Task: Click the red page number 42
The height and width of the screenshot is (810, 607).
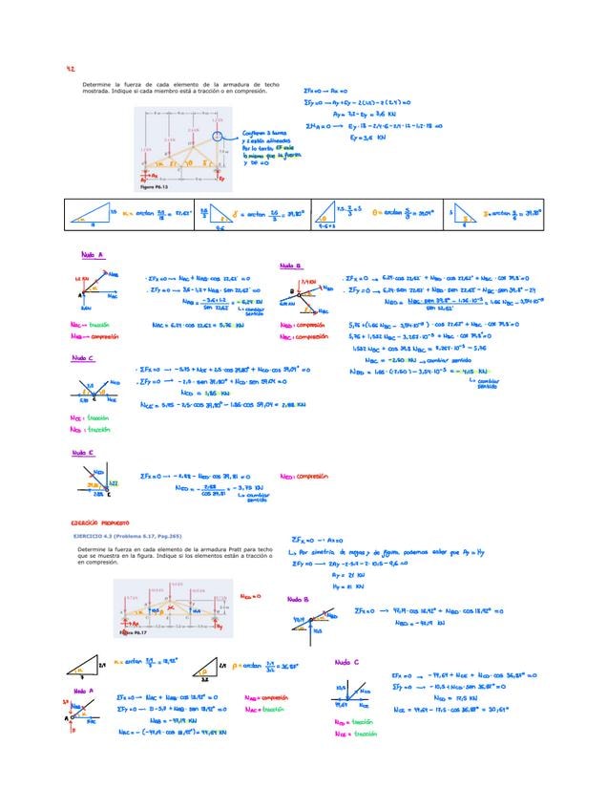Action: coord(71,70)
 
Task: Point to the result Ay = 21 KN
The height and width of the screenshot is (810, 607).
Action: coord(343,575)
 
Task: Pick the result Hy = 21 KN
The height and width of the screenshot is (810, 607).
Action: coord(343,586)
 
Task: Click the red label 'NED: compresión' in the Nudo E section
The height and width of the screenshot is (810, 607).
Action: coord(303,475)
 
